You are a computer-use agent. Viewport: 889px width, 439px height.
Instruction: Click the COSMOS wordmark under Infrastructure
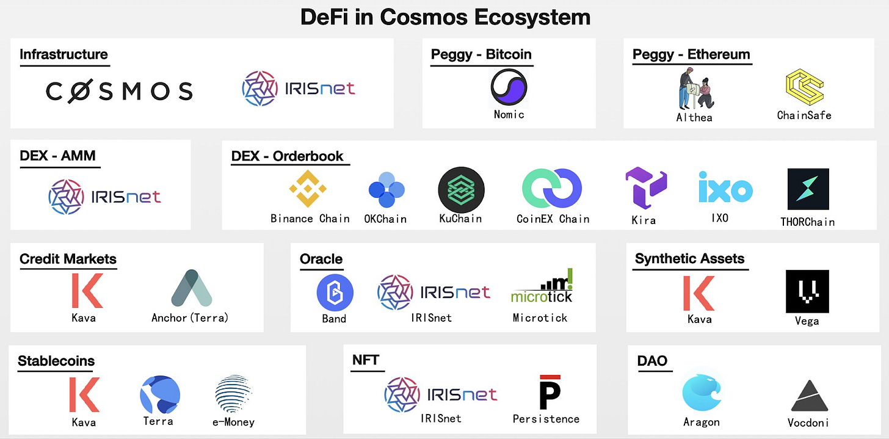pyautogui.click(x=119, y=91)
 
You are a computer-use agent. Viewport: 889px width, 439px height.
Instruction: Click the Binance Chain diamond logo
pyautogui.click(x=310, y=189)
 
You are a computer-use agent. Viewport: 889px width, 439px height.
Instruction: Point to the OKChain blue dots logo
pyautogui.click(x=386, y=190)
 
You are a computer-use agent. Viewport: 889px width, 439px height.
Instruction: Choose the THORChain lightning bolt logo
pyautogui.click(x=807, y=189)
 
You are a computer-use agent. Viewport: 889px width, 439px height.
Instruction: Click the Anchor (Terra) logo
pyautogui.click(x=191, y=288)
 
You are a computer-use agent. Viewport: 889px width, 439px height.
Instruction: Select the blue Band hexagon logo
pyautogui.click(x=335, y=292)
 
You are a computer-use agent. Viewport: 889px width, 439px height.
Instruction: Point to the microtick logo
pyautogui.click(x=542, y=288)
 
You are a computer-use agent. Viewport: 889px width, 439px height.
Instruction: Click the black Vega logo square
pyautogui.click(x=807, y=291)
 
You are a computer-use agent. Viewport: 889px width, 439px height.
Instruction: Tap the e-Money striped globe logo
pyautogui.click(x=233, y=394)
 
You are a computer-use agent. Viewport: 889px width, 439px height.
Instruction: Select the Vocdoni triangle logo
pyautogui.click(x=808, y=396)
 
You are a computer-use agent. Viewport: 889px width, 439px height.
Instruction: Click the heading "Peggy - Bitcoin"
pyautogui.click(x=481, y=54)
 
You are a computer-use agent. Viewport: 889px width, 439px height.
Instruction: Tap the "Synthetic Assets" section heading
pyautogui.click(x=689, y=259)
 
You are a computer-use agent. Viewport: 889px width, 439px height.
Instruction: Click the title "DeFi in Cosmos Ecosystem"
pyautogui.click(x=445, y=17)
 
